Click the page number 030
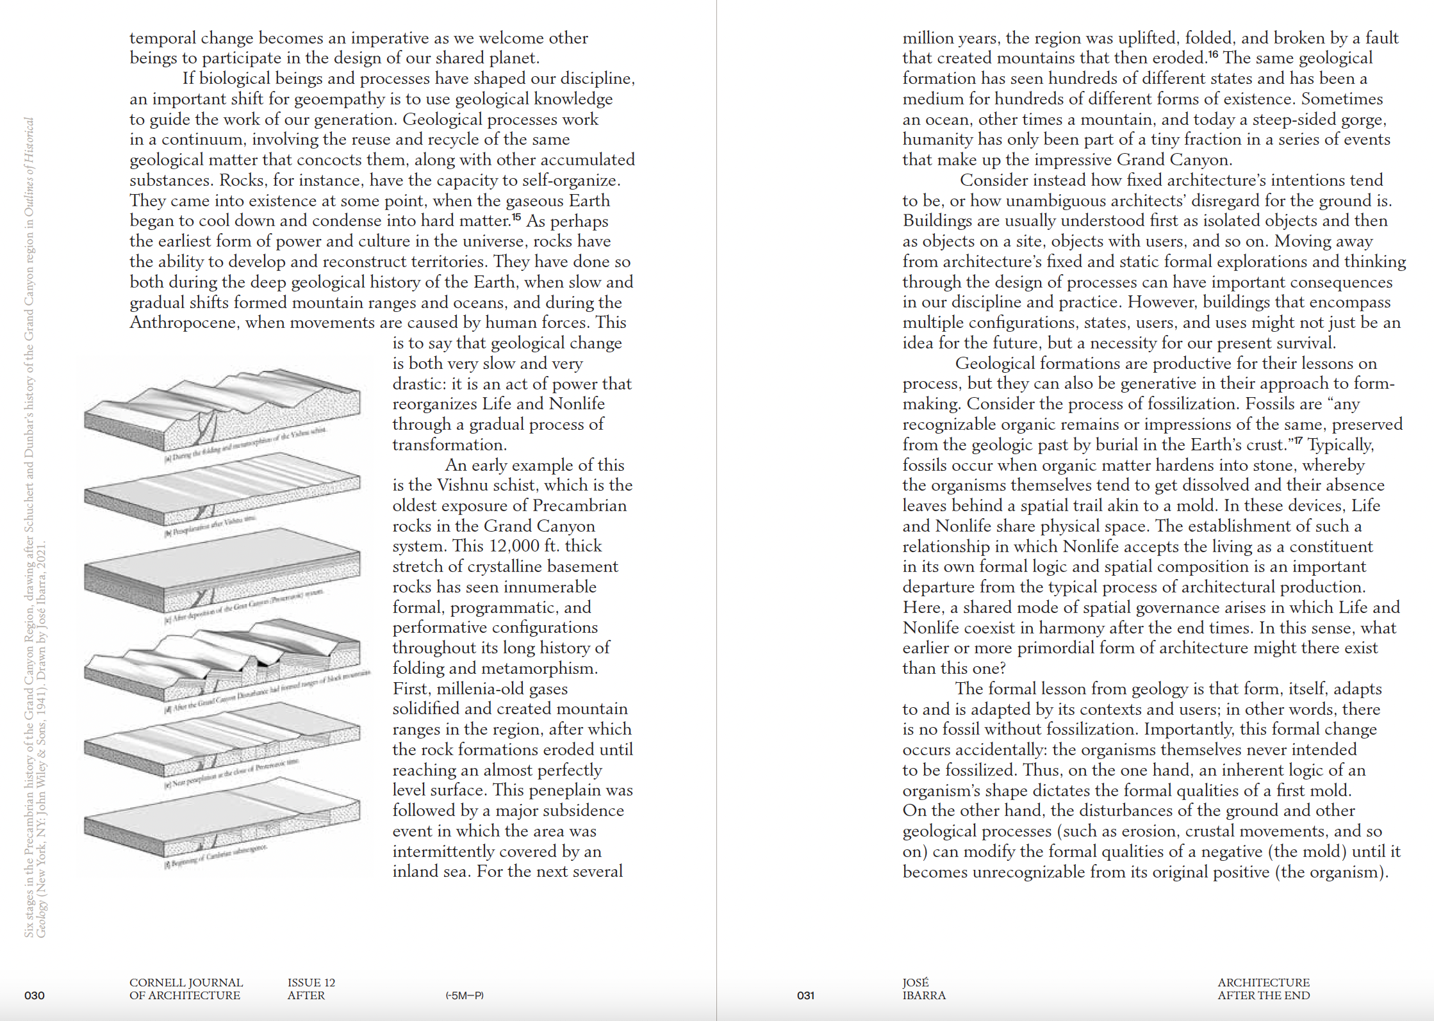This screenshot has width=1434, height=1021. pos(35,995)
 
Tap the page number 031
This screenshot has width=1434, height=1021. pos(805,995)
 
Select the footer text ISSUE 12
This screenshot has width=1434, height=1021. pos(311,983)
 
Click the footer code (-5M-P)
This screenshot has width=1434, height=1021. pos(465,995)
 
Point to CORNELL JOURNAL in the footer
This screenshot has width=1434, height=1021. pos(186,983)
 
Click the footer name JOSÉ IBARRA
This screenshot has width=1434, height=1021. pos(924,989)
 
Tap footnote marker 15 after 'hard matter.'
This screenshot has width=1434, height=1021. pos(516,217)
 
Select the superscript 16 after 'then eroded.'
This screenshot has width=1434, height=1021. pos(1213,54)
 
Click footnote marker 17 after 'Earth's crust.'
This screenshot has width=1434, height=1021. pos(1298,441)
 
